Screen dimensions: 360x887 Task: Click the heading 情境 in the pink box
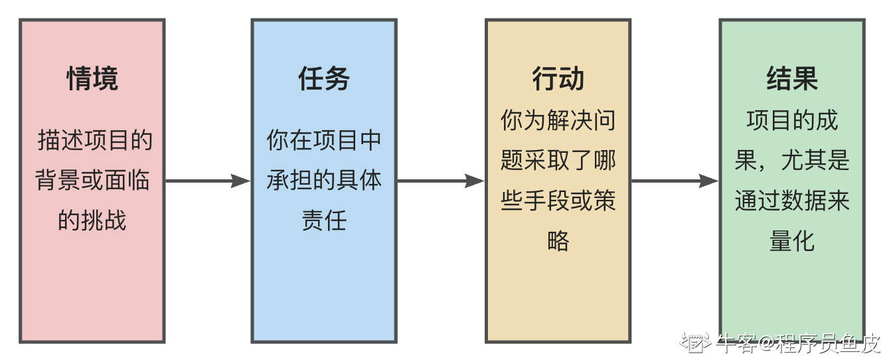point(92,79)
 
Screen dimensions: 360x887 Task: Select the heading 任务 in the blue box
point(324,79)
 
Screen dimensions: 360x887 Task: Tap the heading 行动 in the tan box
point(558,79)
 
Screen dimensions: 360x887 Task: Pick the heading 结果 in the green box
point(792,79)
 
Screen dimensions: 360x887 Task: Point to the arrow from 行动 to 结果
point(675,181)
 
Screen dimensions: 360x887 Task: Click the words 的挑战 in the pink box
point(92,221)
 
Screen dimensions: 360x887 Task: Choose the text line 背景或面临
point(92,181)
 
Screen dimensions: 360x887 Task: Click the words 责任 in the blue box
point(324,221)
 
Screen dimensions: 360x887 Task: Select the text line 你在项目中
point(324,141)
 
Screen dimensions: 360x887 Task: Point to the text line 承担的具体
point(324,181)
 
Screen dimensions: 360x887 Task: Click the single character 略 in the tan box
point(558,240)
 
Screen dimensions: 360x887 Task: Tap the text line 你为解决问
point(558,121)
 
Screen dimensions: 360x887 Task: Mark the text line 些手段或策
point(558,201)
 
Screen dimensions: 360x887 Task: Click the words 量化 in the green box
point(792,240)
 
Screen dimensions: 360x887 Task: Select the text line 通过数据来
point(792,201)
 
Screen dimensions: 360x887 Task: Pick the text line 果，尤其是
point(792,161)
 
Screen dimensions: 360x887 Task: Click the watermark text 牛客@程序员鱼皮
point(799,343)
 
